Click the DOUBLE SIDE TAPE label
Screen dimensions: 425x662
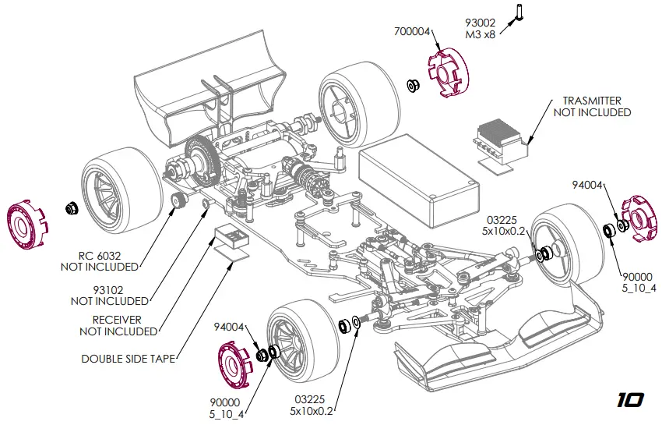[x=128, y=359]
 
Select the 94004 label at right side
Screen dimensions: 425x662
[x=586, y=185]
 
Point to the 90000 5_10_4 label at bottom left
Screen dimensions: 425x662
[x=227, y=407]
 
